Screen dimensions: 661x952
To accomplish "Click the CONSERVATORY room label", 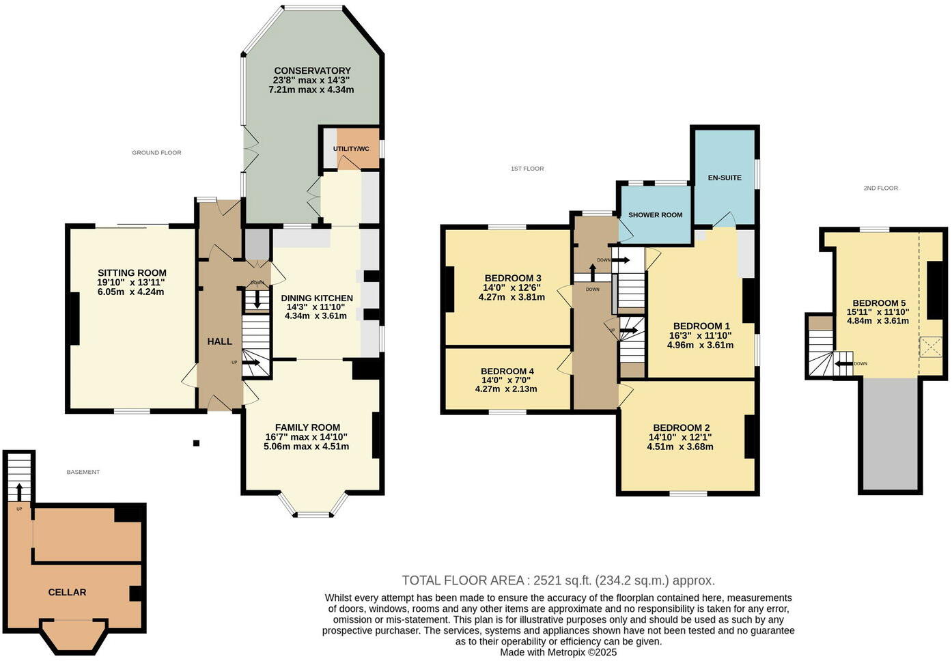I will pos(312,71).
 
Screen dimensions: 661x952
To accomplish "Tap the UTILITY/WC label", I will pos(352,149).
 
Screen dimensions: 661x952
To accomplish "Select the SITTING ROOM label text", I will pos(132,273).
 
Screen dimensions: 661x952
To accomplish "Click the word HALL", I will pos(220,341).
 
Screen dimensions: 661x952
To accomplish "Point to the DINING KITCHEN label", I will pos(317,298).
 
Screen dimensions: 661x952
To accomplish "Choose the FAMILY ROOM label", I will pos(307,428).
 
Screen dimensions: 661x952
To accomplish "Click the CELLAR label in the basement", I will pos(67,593).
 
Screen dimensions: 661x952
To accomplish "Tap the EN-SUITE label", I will pos(725,178).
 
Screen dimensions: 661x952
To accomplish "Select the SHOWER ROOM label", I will pos(655,215).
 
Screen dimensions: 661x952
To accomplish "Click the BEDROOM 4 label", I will pos(507,372).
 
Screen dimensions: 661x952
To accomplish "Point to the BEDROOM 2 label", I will pos(681,428).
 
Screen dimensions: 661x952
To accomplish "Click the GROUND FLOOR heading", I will pos(156,153).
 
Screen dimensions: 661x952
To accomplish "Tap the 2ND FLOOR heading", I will pos(880,188).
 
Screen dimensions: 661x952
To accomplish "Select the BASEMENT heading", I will pos(83,473).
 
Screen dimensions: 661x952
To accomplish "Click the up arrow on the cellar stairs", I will pos(19,490).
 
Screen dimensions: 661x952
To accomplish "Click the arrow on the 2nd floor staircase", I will pos(843,364).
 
